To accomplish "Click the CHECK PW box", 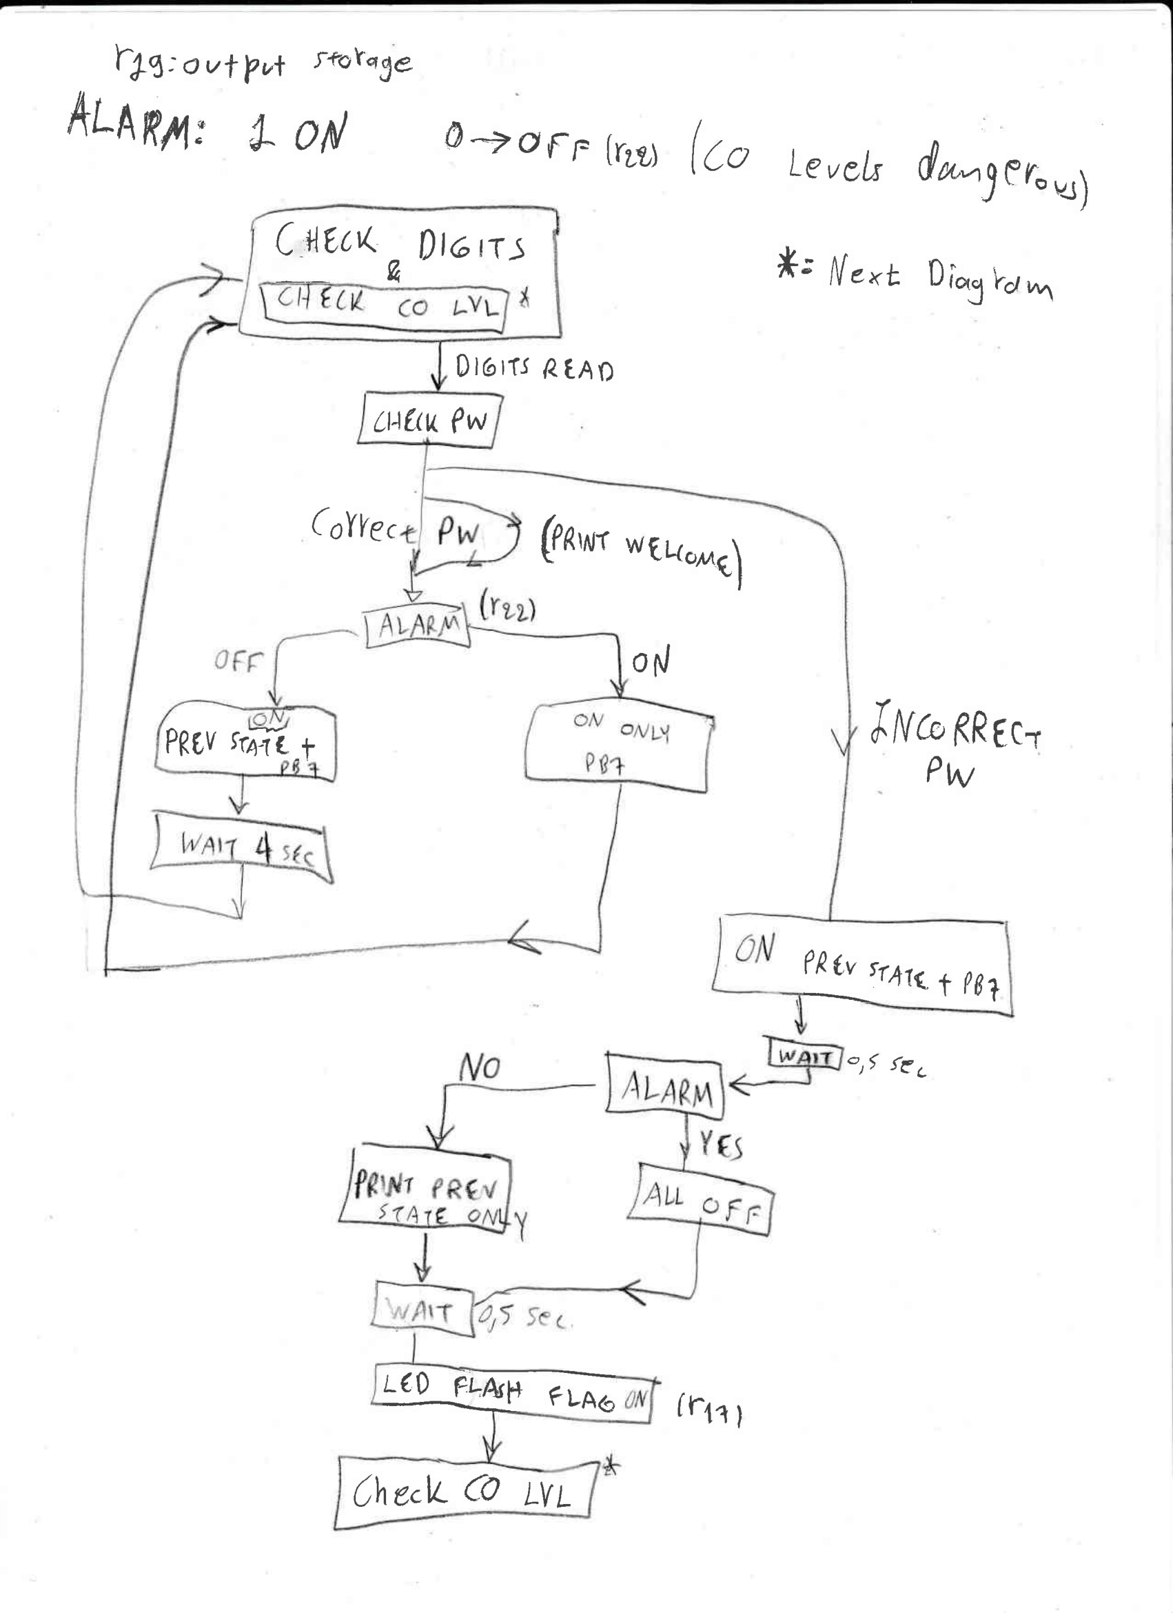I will (x=429, y=422).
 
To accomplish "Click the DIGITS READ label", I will (x=533, y=368).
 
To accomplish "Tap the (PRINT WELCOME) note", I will (x=640, y=553).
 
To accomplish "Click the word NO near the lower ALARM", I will (x=480, y=1068).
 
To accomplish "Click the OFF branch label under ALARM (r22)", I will (x=238, y=661).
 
